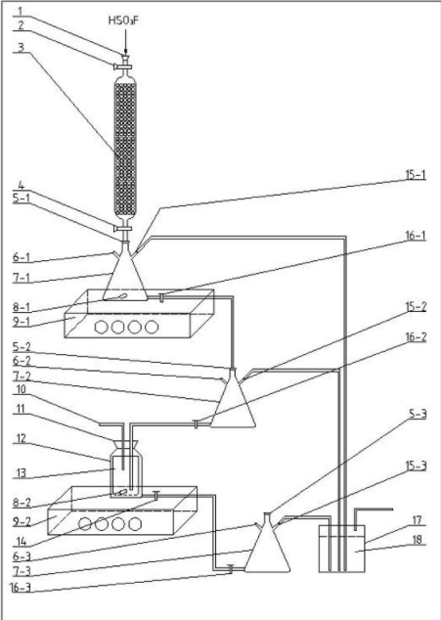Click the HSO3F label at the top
coord(124,21)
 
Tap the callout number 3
coord(21,48)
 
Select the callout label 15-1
coord(416,175)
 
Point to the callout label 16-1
coord(416,236)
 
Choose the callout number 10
coord(21,389)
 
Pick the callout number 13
coord(20,473)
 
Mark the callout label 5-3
coord(417,415)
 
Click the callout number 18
coord(418,540)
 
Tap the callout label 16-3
coord(20,588)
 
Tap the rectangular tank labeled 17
coord(342,549)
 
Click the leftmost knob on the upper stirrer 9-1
coord(102,327)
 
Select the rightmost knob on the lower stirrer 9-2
coord(135,523)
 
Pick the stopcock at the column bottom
coord(122,229)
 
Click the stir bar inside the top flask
coord(120,296)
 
